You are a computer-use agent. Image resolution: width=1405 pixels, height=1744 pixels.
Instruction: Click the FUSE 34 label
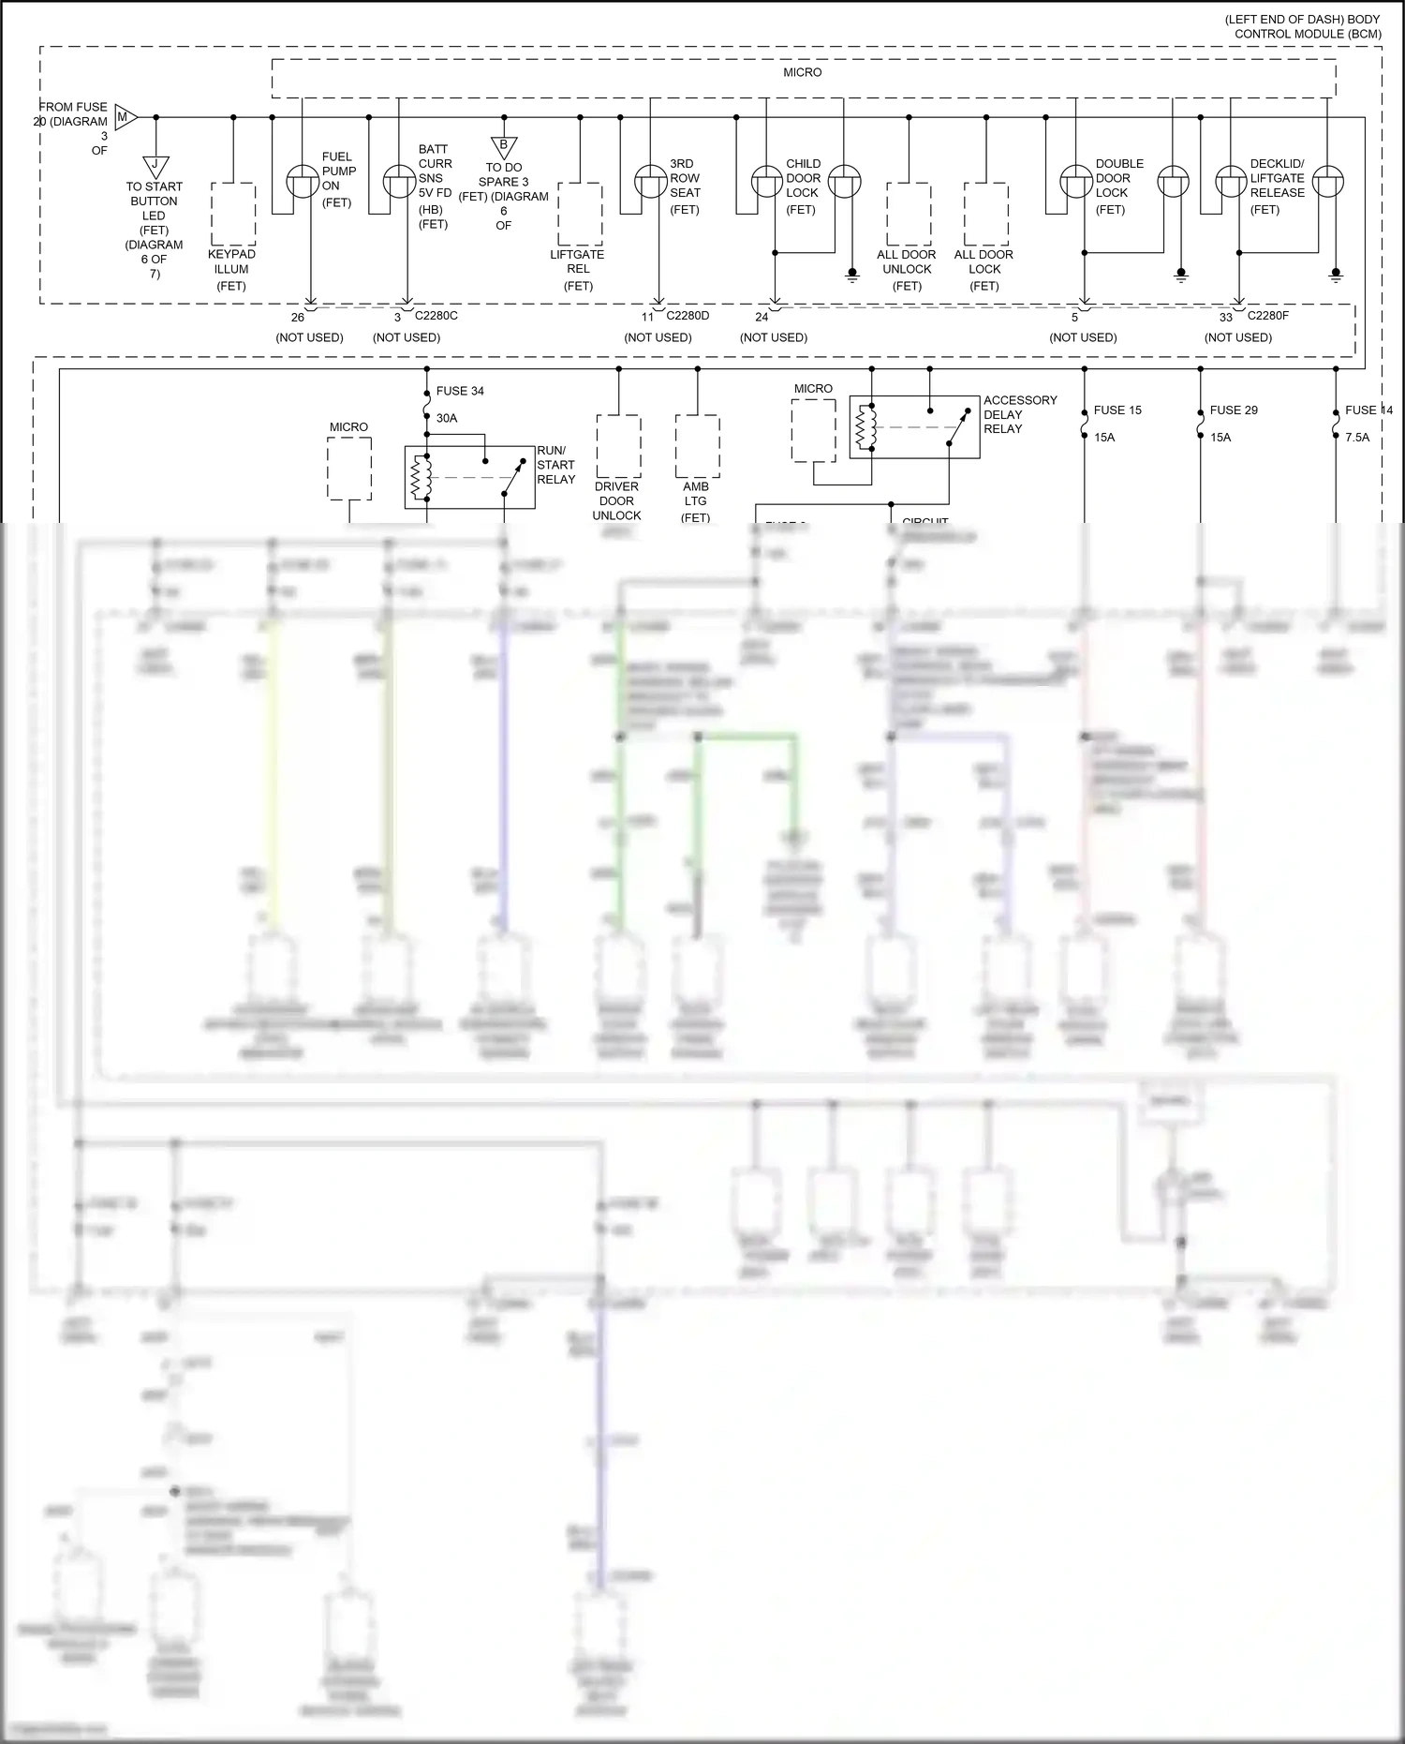[x=459, y=391]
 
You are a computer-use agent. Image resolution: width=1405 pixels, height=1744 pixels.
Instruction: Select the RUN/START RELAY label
[x=555, y=465]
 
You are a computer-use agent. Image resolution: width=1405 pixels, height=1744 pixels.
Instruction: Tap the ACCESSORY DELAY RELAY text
[x=1019, y=414]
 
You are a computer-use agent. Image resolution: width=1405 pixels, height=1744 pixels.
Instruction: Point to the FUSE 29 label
[x=1233, y=410]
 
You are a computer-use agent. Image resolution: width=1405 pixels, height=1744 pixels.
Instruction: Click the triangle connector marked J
[x=155, y=166]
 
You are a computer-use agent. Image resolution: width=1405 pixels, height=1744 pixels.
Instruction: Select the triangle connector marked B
[x=504, y=146]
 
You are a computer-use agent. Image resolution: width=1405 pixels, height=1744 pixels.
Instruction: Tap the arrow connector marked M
[x=125, y=117]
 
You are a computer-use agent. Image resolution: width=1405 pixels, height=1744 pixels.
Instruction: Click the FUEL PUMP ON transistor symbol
[x=303, y=181]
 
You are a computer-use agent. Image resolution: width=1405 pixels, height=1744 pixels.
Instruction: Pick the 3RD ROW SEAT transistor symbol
[x=651, y=181]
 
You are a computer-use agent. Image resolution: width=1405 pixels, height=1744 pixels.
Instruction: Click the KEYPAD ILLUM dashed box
[x=233, y=214]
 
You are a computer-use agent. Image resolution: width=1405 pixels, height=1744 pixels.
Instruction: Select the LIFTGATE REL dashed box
[x=580, y=214]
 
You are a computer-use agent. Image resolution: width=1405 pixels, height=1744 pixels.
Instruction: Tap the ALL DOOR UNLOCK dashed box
[x=909, y=214]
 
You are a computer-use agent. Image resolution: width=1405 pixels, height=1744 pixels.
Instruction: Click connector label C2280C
[x=436, y=316]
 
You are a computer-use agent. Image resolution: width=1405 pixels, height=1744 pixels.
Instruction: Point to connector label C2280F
[x=1267, y=316]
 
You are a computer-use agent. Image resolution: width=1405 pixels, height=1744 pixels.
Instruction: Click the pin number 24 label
[x=762, y=317]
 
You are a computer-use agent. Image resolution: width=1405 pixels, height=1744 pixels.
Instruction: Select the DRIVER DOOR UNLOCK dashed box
[x=618, y=446]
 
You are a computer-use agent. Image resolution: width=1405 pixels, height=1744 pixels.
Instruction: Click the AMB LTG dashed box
[x=697, y=446]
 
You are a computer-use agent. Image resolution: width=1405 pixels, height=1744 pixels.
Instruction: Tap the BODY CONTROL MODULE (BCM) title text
[x=1307, y=27]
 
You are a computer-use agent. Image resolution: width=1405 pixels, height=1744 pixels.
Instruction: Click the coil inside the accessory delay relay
[x=865, y=427]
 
